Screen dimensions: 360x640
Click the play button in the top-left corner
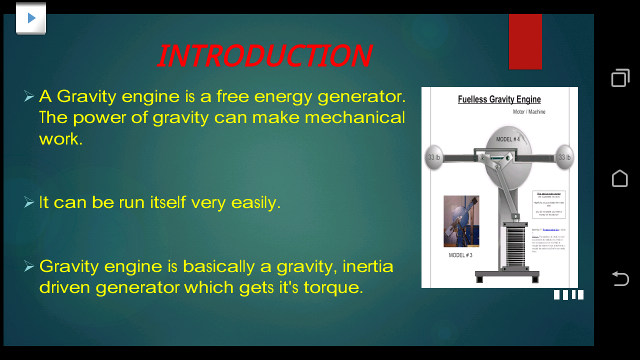coord(31,18)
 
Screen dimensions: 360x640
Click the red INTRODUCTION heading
coord(264,56)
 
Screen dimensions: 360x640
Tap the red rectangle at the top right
coord(525,42)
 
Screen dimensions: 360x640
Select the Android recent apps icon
coord(620,78)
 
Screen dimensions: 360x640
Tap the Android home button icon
coord(620,178)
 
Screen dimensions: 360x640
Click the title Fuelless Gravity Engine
coord(499,99)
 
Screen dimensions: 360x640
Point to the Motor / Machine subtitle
coord(529,112)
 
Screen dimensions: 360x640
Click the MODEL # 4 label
coord(507,139)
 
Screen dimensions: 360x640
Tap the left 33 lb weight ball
coord(433,157)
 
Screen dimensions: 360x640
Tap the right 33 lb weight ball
coord(564,157)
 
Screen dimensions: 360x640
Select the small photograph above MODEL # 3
coord(461,221)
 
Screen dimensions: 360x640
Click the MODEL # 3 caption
coord(460,255)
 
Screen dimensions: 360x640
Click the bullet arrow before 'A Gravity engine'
coord(29,96)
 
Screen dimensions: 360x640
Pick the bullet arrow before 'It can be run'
coord(29,202)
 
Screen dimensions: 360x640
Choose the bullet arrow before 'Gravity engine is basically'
coord(29,266)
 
